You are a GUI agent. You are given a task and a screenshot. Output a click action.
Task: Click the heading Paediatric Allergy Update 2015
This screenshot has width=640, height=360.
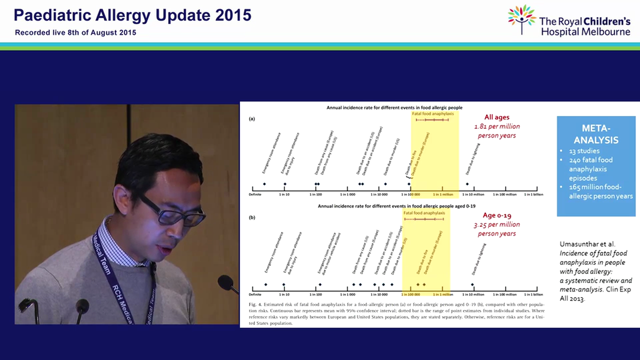[x=132, y=15]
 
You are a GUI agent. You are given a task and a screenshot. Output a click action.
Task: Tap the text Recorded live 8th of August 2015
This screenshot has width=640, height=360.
[x=75, y=32]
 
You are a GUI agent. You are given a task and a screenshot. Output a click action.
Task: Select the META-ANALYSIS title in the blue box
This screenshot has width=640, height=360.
[x=596, y=133]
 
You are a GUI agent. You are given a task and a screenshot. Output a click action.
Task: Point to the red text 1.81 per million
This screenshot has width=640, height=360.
[x=497, y=126]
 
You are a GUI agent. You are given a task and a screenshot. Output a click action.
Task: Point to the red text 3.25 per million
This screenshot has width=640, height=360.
[x=497, y=224]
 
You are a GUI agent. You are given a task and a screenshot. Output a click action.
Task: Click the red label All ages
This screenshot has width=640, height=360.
[x=496, y=117]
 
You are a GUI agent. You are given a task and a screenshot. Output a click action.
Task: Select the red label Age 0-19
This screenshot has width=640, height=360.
[x=496, y=215]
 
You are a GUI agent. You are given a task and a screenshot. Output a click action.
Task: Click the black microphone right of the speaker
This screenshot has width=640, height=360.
[x=227, y=283]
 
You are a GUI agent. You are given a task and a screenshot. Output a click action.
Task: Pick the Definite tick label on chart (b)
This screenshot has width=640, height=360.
[x=255, y=294]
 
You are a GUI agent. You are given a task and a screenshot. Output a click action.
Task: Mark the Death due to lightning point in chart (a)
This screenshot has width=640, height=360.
[x=467, y=184]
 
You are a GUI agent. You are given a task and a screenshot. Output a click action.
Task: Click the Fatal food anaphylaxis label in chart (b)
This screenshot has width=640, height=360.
[x=424, y=212]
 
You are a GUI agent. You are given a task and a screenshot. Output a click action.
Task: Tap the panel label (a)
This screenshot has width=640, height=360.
[x=252, y=119]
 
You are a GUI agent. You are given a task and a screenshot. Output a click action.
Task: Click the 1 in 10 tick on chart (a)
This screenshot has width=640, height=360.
[x=284, y=194]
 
